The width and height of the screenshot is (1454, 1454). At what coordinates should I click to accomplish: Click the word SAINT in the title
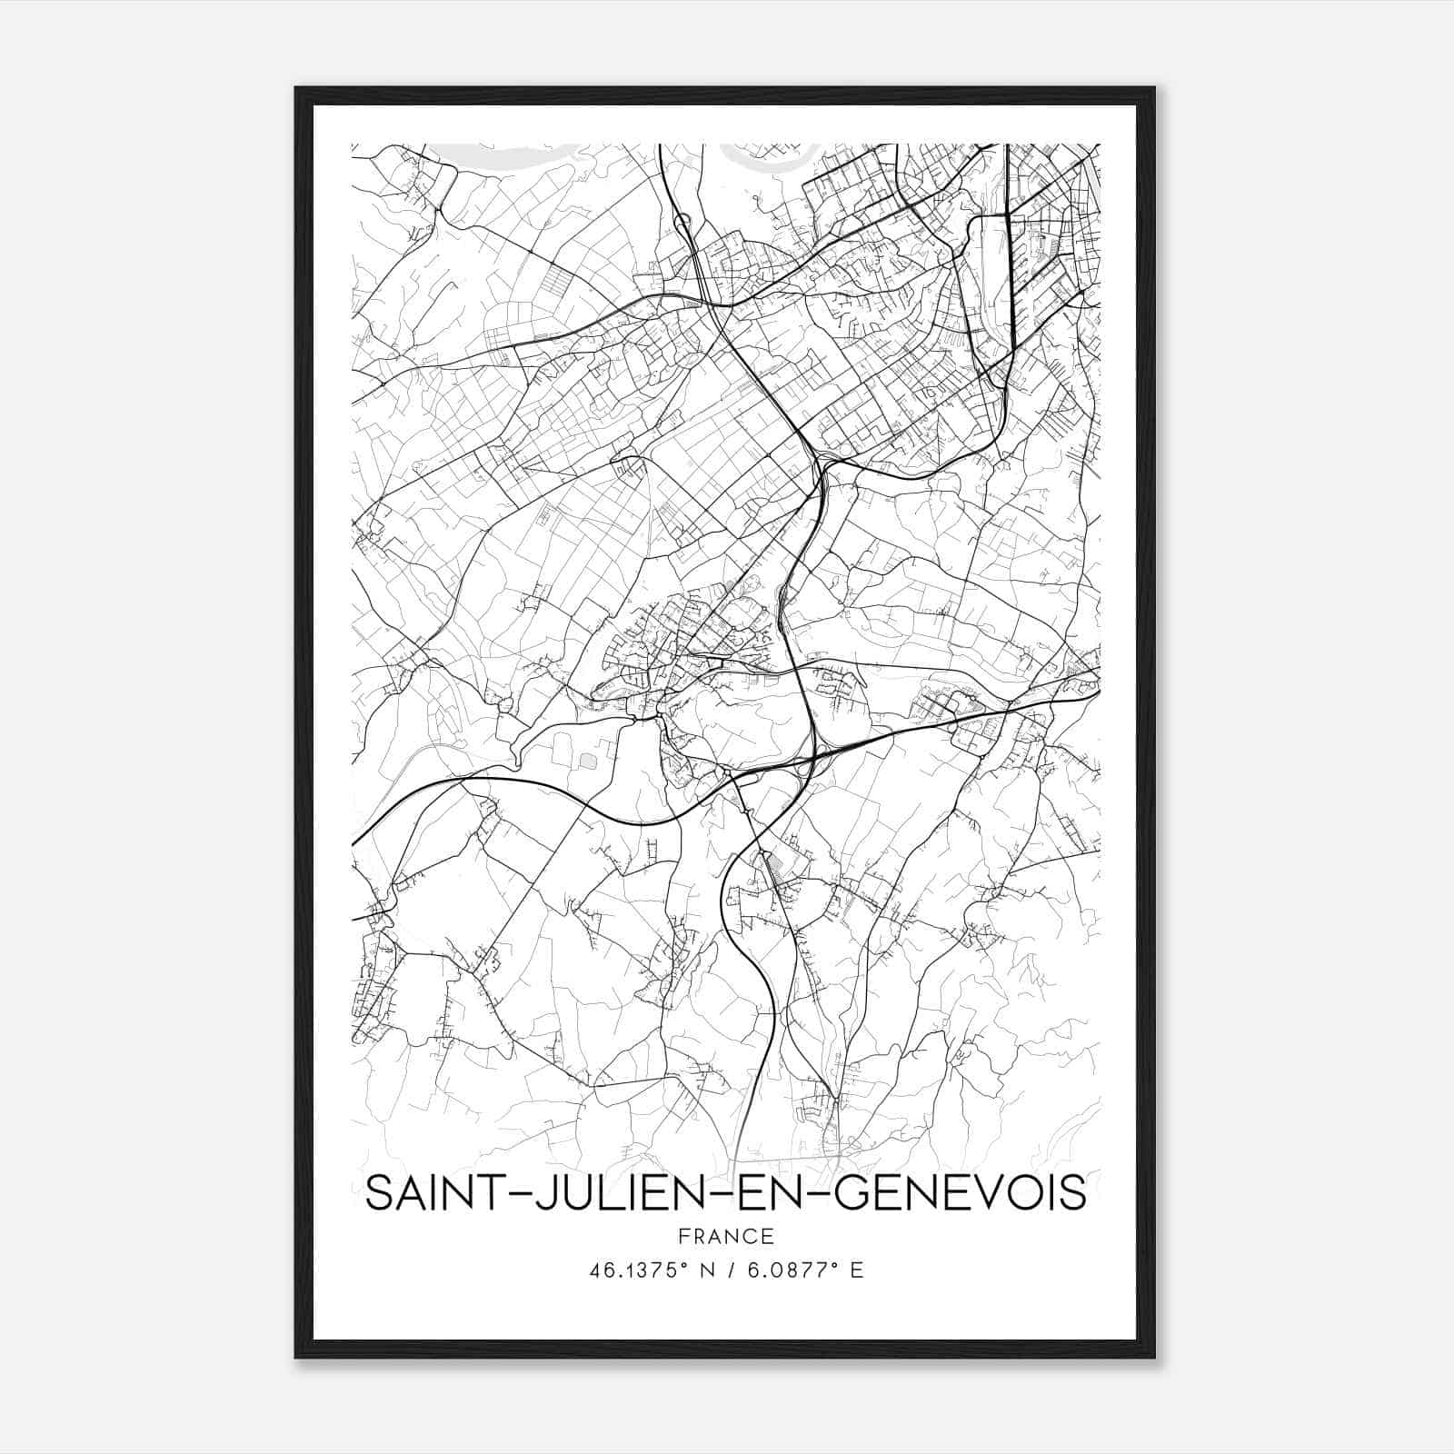(424, 1193)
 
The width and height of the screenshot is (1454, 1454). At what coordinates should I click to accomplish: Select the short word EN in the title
(769, 1193)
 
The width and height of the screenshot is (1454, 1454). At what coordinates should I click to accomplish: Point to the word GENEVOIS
(960, 1193)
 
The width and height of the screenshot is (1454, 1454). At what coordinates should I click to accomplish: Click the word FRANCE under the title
(726, 1236)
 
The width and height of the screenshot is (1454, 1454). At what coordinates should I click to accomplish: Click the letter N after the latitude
(699, 1270)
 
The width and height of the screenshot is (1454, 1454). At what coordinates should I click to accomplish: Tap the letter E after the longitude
(856, 1270)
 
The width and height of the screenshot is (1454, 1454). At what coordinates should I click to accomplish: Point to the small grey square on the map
(590, 757)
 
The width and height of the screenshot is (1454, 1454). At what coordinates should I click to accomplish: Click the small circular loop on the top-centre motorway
(682, 220)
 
